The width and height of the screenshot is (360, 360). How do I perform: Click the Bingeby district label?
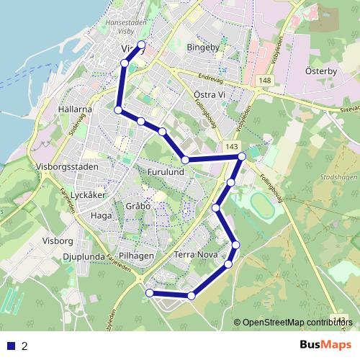click(202, 48)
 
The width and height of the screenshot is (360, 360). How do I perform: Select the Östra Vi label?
click(210, 94)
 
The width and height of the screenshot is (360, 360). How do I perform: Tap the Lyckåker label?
click(90, 195)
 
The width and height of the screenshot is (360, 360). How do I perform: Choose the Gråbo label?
click(138, 205)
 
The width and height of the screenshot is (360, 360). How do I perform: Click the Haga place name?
click(101, 215)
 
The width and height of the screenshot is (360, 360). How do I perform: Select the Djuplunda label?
click(84, 256)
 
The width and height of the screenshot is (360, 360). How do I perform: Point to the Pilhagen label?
click(137, 256)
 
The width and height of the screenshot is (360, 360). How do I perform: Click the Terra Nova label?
click(195, 255)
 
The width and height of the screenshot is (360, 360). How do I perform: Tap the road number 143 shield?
click(231, 147)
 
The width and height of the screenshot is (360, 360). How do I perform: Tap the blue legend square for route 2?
click(11, 346)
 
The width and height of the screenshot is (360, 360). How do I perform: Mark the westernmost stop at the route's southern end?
click(150, 293)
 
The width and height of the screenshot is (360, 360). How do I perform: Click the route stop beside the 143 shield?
click(242, 156)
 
